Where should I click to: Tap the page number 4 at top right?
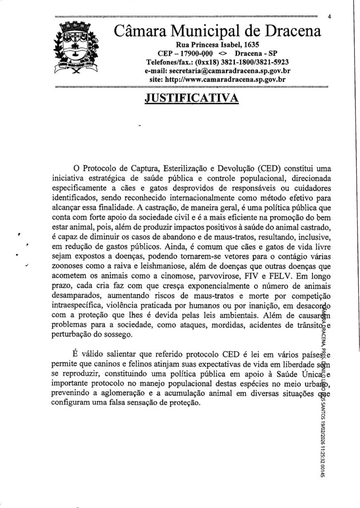(329, 16)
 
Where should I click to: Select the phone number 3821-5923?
(272, 62)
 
